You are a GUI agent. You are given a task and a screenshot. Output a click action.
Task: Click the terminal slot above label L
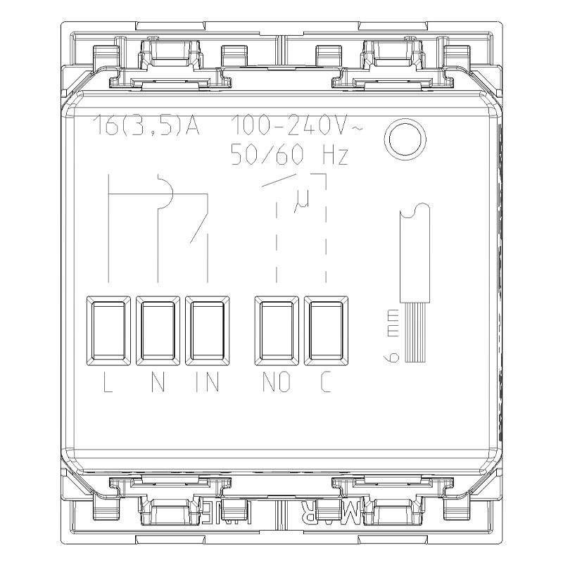108,330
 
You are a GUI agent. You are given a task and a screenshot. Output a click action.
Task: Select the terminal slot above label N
158,330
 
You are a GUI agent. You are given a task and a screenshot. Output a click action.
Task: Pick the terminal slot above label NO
277,330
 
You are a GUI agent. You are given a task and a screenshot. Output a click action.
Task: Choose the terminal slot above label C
326,330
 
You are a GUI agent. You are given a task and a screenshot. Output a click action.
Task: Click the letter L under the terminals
108,384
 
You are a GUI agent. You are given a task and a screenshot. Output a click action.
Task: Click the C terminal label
325,384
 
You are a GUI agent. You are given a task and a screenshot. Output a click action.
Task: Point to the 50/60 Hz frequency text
289,155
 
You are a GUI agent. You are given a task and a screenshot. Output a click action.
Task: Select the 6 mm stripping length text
391,336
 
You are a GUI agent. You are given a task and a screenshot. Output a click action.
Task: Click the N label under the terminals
158,384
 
